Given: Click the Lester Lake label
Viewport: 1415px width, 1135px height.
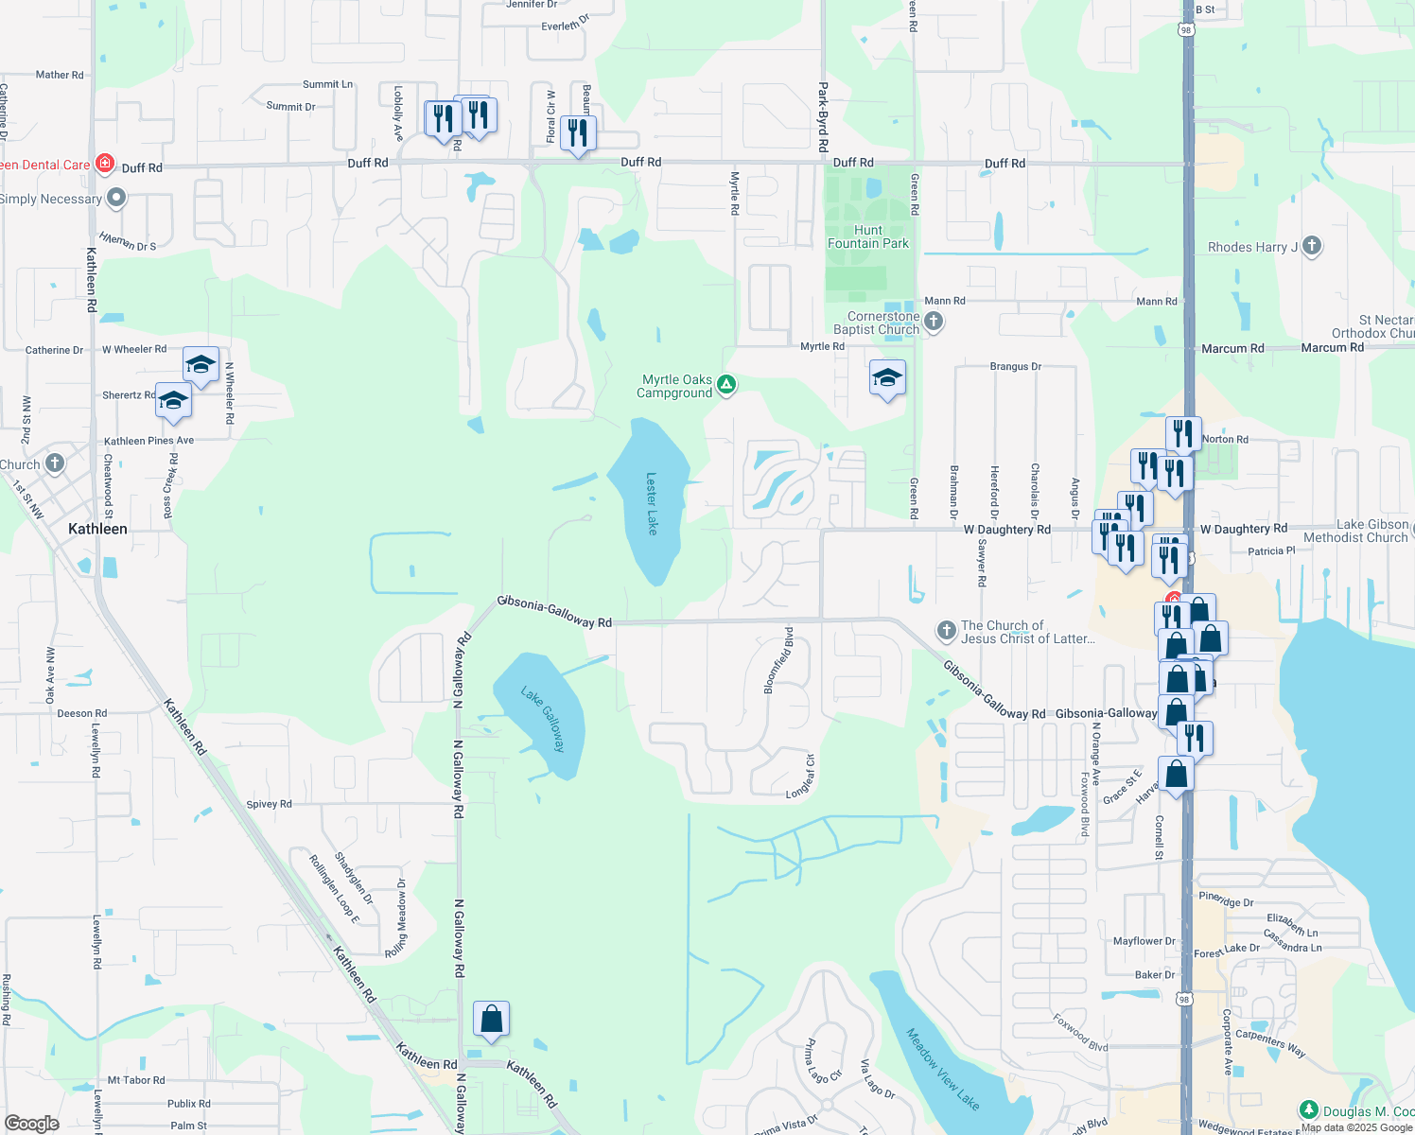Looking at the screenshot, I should point(651,503).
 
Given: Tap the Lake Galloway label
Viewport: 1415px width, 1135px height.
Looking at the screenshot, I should point(543,719).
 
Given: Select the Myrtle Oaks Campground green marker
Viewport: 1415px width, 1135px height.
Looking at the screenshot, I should point(725,384).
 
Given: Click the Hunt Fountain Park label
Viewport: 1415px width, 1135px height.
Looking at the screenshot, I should point(867,236).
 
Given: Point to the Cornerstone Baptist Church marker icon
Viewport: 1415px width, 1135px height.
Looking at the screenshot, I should point(933,322).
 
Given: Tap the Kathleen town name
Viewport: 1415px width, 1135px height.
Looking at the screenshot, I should point(97,529).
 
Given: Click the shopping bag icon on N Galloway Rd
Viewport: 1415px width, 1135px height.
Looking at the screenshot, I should point(491,1020).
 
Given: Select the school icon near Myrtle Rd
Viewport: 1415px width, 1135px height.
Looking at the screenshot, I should point(887,379).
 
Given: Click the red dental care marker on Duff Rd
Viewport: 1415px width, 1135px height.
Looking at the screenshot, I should point(105,164).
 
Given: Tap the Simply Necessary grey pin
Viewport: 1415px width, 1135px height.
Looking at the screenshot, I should point(116,198).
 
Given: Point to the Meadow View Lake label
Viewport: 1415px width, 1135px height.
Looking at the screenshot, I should point(942,1069).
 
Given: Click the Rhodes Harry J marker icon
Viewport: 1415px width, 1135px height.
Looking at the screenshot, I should point(1311,247).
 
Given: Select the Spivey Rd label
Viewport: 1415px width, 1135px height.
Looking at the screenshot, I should point(269,804).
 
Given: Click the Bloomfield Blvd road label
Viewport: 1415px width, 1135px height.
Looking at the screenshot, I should point(777,659).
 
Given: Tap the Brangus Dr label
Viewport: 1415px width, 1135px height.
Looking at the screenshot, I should point(1015,366).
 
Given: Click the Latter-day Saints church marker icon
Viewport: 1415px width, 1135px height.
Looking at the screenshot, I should point(946,630).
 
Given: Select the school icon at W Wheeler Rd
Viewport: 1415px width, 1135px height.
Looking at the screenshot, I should point(201,365).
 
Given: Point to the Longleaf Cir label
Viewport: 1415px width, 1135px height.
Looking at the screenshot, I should point(800,777).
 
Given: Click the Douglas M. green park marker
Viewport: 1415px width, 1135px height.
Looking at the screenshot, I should point(1308,1109).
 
